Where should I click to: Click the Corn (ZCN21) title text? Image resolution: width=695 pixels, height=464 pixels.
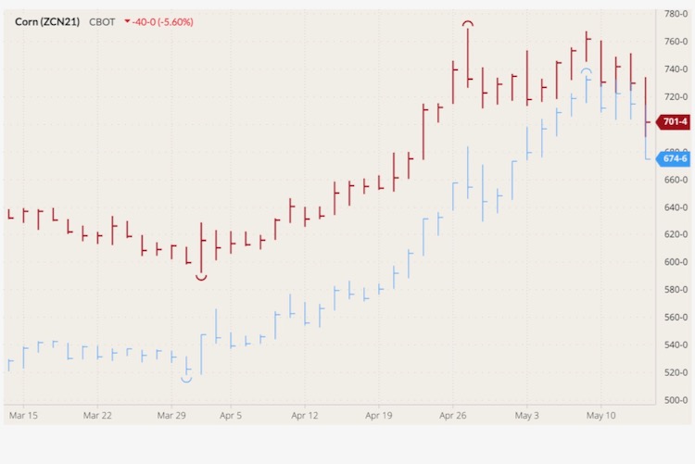(48, 21)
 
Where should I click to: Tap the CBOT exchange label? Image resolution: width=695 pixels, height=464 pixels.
(102, 21)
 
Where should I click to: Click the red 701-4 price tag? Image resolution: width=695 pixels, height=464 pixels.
(674, 122)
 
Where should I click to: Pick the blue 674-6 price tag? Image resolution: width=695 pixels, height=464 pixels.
(674, 158)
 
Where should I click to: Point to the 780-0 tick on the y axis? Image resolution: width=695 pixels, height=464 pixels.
(676, 14)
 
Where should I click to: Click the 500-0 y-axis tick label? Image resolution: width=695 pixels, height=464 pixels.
(676, 400)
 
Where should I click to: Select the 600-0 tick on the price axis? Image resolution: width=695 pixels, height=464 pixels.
(676, 262)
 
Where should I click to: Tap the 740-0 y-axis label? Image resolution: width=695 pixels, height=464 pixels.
(676, 69)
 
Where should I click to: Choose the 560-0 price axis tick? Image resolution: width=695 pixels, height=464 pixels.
(676, 318)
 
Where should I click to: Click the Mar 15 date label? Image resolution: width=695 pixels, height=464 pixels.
(23, 416)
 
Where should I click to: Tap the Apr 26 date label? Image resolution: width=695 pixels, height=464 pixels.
(453, 416)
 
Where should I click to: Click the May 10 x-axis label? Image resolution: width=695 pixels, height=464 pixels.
(601, 416)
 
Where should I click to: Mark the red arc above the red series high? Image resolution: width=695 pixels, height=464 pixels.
(469, 23)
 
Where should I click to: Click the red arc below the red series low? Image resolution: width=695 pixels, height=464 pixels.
(201, 276)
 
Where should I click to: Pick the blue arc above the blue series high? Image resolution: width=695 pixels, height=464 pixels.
(586, 70)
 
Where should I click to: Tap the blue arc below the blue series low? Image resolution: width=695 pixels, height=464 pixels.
(186, 379)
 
